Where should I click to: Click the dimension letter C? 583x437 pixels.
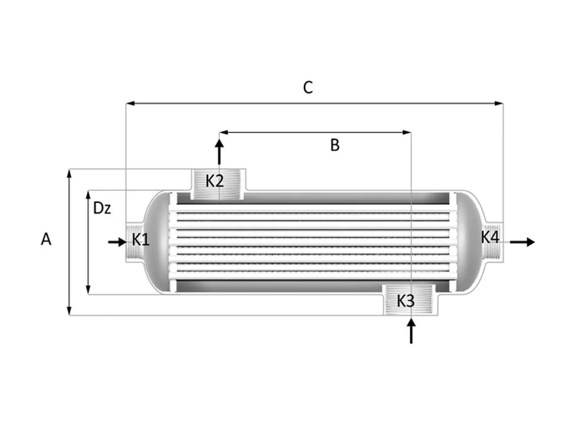point(308,88)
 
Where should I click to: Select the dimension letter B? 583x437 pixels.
point(335,145)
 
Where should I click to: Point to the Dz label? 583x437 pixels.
point(102,208)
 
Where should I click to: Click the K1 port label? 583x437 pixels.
point(141,240)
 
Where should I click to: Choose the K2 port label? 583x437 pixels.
point(215,181)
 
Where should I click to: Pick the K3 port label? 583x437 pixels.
point(406,301)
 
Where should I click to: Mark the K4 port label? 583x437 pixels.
point(490,237)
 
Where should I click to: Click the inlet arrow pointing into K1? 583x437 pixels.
point(117,242)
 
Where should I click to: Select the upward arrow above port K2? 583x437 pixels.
point(219,151)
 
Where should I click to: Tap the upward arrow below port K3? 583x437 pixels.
point(411,331)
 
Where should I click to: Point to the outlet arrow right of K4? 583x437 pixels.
point(522,242)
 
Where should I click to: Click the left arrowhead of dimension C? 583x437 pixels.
point(130,103)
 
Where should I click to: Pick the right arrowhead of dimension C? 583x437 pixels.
point(500,103)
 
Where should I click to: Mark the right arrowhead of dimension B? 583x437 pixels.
point(407,132)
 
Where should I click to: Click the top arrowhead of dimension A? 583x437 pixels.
point(69,174)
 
